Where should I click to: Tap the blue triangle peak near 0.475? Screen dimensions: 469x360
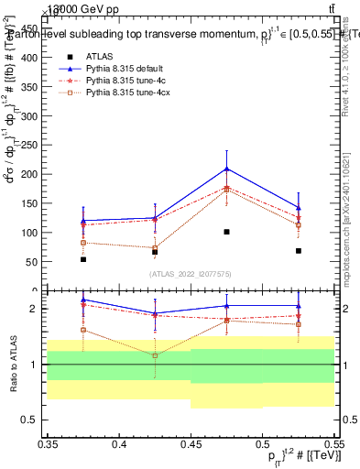[x=226, y=169]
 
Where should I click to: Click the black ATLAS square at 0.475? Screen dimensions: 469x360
[x=226, y=232]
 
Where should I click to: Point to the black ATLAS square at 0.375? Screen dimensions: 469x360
[x=83, y=259]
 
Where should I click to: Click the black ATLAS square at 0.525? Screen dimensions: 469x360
[x=299, y=251]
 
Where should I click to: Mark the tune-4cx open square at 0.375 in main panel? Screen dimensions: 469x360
[x=83, y=243]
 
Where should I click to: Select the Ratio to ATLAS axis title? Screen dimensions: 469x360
[x=13, y=362]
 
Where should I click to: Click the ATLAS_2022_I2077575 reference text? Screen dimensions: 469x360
[x=191, y=274]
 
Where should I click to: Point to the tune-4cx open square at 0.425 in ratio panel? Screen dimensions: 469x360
[x=155, y=355]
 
